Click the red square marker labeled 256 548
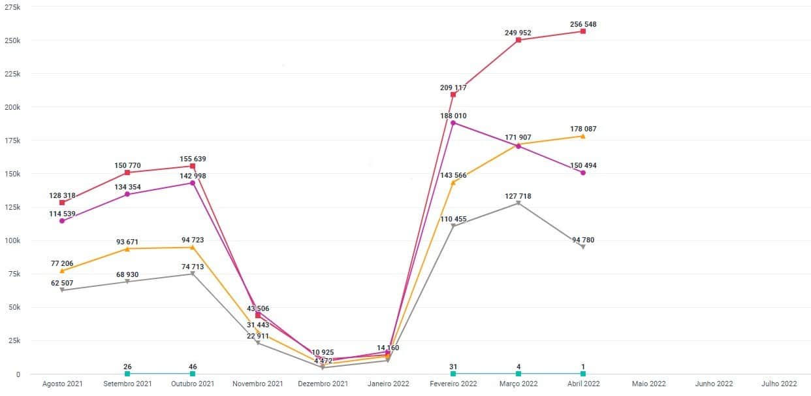583,31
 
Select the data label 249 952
518,32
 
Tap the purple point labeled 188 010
453,123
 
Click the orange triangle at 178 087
583,136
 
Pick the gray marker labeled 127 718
518,203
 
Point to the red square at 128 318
62,203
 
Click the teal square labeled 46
193,374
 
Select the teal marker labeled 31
453,374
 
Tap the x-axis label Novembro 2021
258,384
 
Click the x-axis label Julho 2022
779,384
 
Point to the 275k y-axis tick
12,7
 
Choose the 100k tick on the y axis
12,240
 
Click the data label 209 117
453,87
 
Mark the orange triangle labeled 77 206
62,271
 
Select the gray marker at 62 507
62,289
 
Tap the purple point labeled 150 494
583,173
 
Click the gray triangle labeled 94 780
583,246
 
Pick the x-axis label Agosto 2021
62,384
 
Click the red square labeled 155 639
193,166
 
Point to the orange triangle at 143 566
453,182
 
